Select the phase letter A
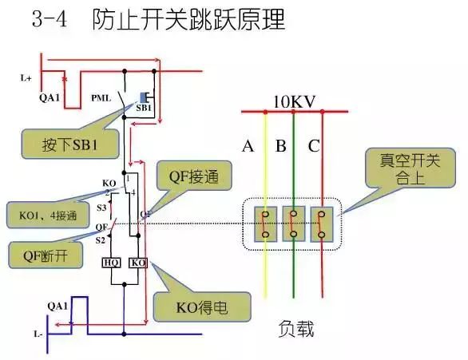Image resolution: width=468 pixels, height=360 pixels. tap(248, 146)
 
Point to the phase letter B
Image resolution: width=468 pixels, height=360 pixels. tap(280, 146)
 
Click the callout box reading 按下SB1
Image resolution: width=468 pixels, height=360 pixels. tap(70, 144)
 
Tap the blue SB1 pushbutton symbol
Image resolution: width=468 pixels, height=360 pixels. tap(145, 97)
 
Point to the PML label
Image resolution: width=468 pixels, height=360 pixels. tap(101, 98)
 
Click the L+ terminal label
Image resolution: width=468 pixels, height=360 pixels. tap(26, 78)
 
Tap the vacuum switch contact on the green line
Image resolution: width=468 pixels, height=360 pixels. tap(294, 223)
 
